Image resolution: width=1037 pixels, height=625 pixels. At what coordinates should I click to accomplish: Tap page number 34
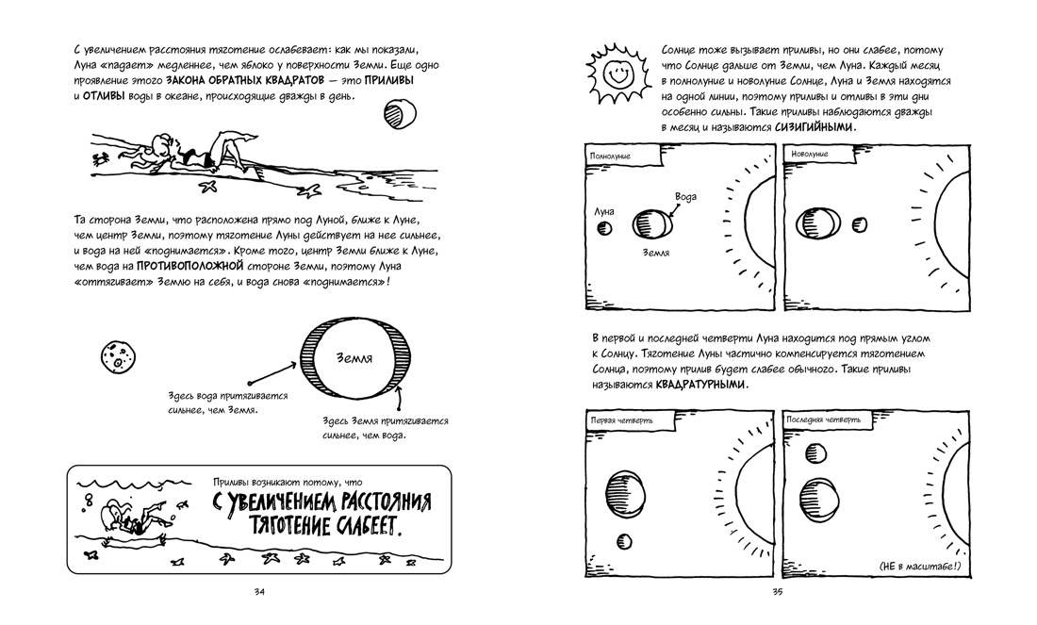[x=259, y=592]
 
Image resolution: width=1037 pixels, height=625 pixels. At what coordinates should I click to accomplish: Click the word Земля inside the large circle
[x=354, y=359]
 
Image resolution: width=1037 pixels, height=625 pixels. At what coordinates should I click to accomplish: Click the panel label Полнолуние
[x=610, y=154]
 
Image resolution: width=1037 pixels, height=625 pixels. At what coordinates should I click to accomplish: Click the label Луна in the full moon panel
[x=604, y=211]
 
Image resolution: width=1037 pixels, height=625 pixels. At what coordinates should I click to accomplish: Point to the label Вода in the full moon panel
[x=686, y=196]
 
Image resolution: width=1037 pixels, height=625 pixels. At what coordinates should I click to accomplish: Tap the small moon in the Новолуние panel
[x=859, y=224]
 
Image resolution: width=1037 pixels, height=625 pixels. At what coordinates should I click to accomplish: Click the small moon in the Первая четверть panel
[x=624, y=541]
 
